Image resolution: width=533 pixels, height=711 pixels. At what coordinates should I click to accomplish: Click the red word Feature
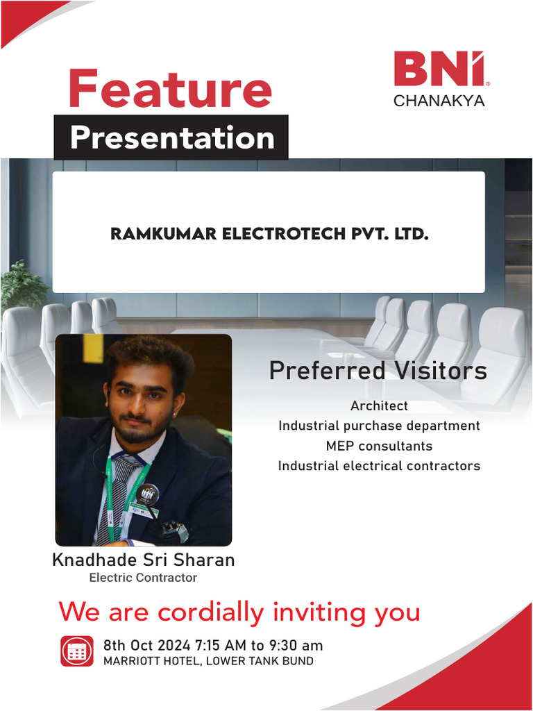pos(170,89)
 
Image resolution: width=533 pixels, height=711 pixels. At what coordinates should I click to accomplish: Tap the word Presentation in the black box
pos(171,137)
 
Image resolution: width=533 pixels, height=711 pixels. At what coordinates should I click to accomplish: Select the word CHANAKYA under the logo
pos(439,101)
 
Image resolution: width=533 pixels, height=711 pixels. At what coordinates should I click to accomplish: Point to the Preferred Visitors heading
pos(378,371)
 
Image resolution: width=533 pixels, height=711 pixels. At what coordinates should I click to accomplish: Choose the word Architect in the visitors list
pos(379,405)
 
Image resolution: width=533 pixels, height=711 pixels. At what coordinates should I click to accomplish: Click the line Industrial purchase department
pos(379,426)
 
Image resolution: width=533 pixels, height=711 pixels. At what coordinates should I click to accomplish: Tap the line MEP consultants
pos(379,446)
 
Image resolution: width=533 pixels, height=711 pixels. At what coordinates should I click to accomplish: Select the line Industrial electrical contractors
pos(379,466)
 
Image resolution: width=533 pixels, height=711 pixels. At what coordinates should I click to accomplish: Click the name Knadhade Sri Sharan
pos(143,560)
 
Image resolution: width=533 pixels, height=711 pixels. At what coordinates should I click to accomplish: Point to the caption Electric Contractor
pos(143,578)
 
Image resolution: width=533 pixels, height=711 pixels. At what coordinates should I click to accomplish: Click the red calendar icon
pos(76,651)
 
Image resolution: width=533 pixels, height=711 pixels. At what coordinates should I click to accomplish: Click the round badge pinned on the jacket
pos(146,495)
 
